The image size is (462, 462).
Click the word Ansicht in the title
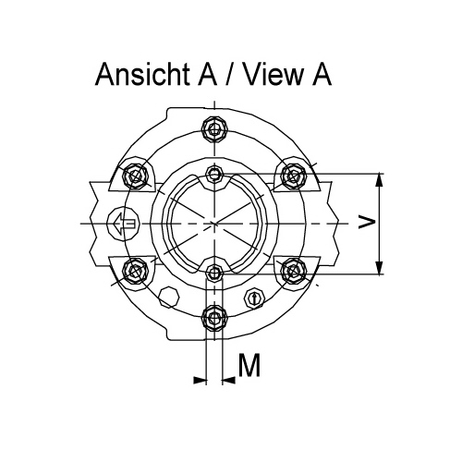[x=143, y=74]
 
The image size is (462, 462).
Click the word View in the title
[x=272, y=74]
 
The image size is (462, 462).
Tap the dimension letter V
[x=367, y=223]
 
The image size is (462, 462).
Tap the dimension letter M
[x=249, y=365]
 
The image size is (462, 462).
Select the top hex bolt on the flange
[x=214, y=129]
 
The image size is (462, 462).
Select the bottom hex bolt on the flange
[x=214, y=318]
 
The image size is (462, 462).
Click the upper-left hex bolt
[x=135, y=176]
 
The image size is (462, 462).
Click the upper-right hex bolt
[x=294, y=176]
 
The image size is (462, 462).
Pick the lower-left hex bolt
[x=135, y=271]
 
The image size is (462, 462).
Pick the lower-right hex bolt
[x=294, y=271]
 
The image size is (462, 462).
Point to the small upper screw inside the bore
[x=214, y=174]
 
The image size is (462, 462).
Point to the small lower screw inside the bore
[x=214, y=273]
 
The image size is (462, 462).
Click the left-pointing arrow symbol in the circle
[x=123, y=223]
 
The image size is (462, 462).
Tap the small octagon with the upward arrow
[x=254, y=298]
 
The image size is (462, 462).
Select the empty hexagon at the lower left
[x=168, y=298]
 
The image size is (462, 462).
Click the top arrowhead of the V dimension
[x=380, y=180]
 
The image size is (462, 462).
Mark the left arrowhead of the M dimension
[x=200, y=381]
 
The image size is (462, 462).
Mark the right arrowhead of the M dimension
[x=228, y=381]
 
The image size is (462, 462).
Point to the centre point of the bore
[x=214, y=224]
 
